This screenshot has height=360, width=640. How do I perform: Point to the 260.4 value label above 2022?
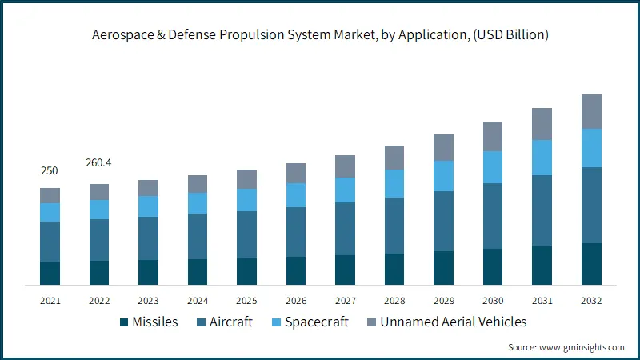click(98, 163)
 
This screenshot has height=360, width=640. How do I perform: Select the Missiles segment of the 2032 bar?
click(591, 264)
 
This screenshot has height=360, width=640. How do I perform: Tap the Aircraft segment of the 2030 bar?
click(493, 216)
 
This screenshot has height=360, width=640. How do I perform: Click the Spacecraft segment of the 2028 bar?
click(394, 183)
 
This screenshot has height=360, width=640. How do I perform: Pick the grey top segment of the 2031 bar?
click(542, 124)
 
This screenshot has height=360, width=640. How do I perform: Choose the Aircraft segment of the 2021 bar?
click(50, 242)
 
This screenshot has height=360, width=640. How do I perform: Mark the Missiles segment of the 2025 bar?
click(246, 271)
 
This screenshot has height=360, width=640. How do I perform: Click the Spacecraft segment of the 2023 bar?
click(148, 206)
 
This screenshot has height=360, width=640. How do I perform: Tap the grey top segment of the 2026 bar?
click(296, 173)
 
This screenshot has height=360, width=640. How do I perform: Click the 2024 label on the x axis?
click(198, 301)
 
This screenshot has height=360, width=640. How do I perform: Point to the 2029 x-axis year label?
click(444, 301)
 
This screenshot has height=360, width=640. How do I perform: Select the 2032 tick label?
click(591, 301)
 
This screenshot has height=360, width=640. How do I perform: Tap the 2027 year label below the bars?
click(346, 301)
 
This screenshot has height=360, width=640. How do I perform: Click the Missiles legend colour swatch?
click(124, 322)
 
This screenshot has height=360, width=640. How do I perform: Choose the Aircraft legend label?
click(231, 322)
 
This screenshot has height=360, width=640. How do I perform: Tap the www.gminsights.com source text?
click(582, 347)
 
